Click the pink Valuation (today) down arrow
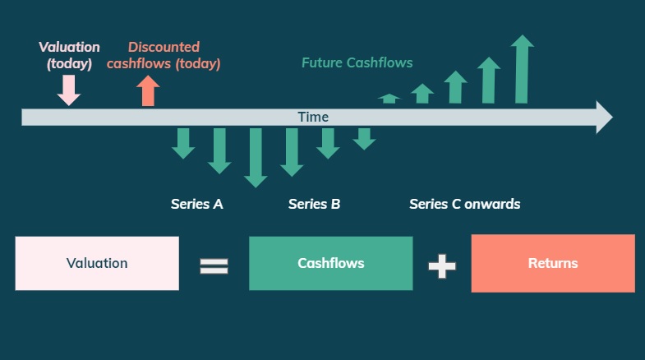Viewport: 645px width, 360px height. point(69,90)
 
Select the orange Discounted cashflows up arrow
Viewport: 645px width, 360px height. point(148,90)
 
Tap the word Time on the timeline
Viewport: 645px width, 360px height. point(313,117)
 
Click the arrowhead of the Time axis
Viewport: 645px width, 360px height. point(603,117)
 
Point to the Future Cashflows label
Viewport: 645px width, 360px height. point(357,62)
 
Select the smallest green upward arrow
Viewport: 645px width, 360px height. point(389,99)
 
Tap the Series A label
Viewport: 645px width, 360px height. point(196,204)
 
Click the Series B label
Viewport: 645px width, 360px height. point(314,204)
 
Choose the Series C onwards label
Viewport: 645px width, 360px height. point(464,204)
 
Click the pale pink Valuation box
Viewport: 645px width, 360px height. point(97,264)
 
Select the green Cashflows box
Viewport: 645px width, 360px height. point(330,264)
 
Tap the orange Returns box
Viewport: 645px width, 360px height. point(552,264)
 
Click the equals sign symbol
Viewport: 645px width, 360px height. point(214,265)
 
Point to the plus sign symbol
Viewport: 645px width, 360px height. point(442,265)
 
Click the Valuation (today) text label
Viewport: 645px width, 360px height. point(69,54)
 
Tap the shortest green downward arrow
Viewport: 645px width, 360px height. point(364,138)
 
